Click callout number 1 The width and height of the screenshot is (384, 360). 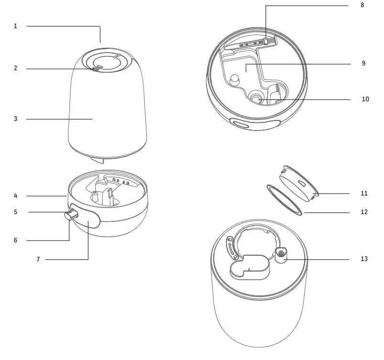point(15,26)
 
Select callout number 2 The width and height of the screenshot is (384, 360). point(15,69)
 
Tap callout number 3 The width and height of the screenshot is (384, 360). point(15,119)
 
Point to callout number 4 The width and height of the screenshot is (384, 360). point(15,196)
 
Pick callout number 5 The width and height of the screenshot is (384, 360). point(15,212)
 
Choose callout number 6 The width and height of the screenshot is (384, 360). point(15,240)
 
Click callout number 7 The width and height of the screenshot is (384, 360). point(38,259)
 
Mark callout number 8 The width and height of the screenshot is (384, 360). point(362,5)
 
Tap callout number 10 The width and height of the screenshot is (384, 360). point(365,99)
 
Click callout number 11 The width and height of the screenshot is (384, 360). point(364,194)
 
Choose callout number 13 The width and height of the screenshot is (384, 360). point(364,259)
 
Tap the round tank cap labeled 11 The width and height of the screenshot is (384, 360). point(298,184)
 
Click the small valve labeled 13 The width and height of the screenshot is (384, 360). point(282,254)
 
